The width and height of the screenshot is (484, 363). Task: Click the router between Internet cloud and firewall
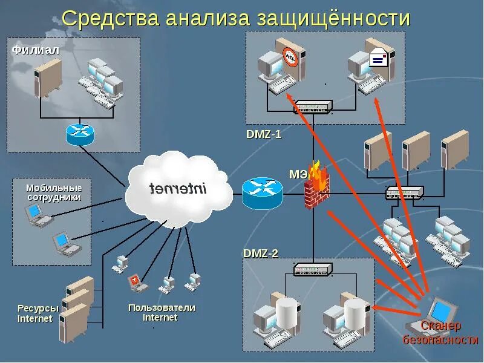coord(263,193)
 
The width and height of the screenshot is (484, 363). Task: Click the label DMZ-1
coord(263,134)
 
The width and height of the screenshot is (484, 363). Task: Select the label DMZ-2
coord(261,253)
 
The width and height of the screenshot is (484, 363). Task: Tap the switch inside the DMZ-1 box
coord(312,107)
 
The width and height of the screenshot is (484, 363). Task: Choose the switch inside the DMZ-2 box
coord(313,270)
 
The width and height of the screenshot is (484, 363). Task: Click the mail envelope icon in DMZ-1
coord(378,58)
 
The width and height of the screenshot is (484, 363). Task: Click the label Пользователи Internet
coord(162,312)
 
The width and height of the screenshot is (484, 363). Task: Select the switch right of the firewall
coord(405,193)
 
